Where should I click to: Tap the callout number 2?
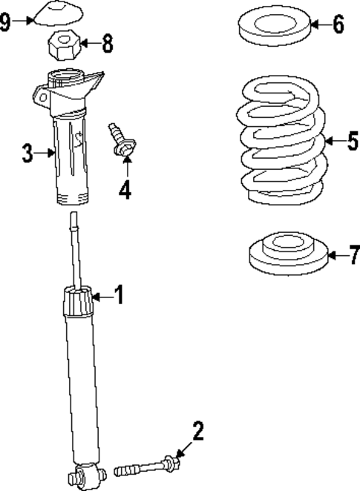(x=197, y=431)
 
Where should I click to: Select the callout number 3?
(x=27, y=154)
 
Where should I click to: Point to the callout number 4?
(x=124, y=190)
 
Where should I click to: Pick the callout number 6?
(x=338, y=24)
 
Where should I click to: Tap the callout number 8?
(x=108, y=43)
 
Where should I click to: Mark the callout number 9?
(x=6, y=21)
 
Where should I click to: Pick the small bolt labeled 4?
(x=119, y=140)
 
